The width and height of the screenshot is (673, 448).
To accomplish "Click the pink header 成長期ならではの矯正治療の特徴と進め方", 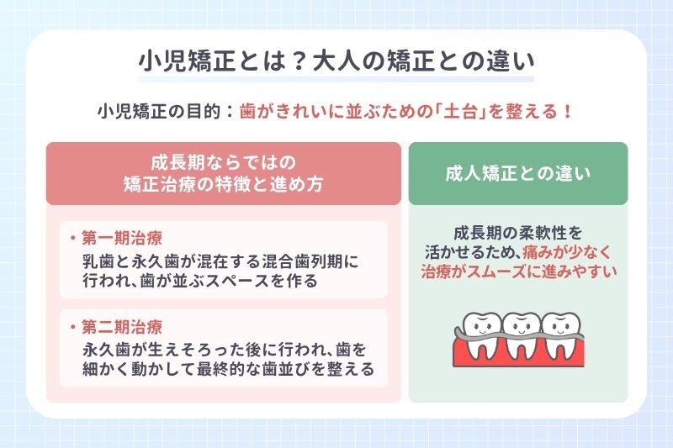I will [223, 173].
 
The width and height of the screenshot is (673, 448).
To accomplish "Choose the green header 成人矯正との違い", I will [517, 174].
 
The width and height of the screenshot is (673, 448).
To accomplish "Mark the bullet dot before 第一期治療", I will [72, 239].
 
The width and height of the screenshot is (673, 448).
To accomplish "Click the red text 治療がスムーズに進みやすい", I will [519, 271].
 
